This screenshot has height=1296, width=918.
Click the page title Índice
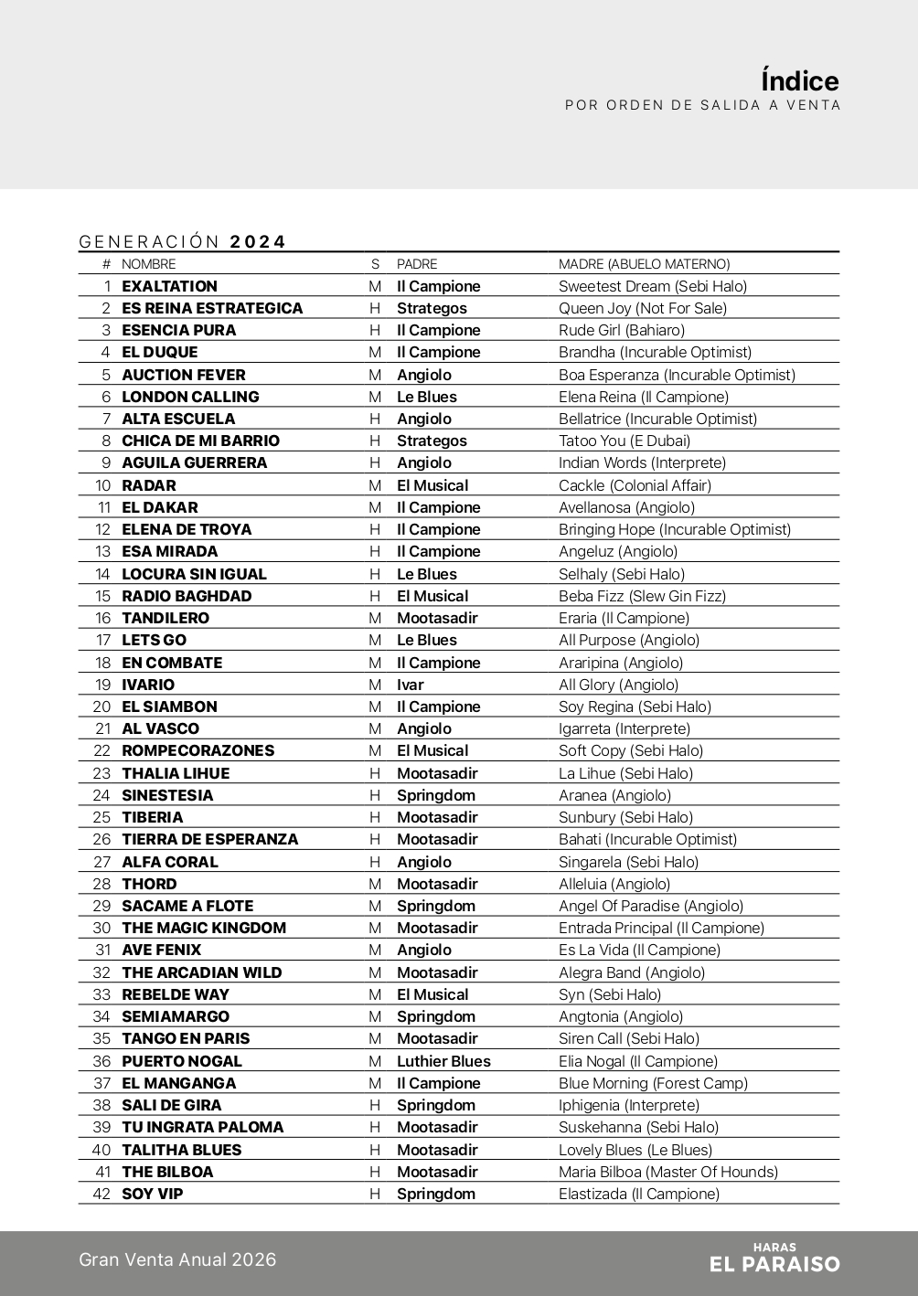(799, 80)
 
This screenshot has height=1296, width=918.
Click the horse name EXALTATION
(169, 286)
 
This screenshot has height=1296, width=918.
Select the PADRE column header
(417, 264)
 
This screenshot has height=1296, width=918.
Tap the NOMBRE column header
(148, 264)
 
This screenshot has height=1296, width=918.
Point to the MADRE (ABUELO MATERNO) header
(644, 264)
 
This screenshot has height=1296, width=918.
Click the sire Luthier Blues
(443, 1061)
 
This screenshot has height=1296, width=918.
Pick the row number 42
(101, 1194)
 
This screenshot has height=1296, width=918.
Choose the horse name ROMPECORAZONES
(197, 750)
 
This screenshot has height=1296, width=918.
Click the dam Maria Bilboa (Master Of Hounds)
(668, 1172)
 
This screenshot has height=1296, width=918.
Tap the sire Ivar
(410, 685)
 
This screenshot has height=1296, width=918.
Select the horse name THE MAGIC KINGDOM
(204, 928)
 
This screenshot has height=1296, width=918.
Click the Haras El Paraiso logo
(774, 1259)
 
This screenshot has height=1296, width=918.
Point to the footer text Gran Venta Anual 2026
(177, 1259)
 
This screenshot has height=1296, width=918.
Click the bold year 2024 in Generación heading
(258, 241)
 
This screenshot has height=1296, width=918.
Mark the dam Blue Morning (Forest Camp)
(653, 1083)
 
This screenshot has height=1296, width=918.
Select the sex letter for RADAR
(375, 485)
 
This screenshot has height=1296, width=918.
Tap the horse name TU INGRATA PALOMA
(202, 1127)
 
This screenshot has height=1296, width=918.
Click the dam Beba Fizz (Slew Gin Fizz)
(642, 596)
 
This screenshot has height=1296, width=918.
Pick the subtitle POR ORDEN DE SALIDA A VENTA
(702, 105)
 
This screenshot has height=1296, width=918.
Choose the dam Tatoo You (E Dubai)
(624, 441)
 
